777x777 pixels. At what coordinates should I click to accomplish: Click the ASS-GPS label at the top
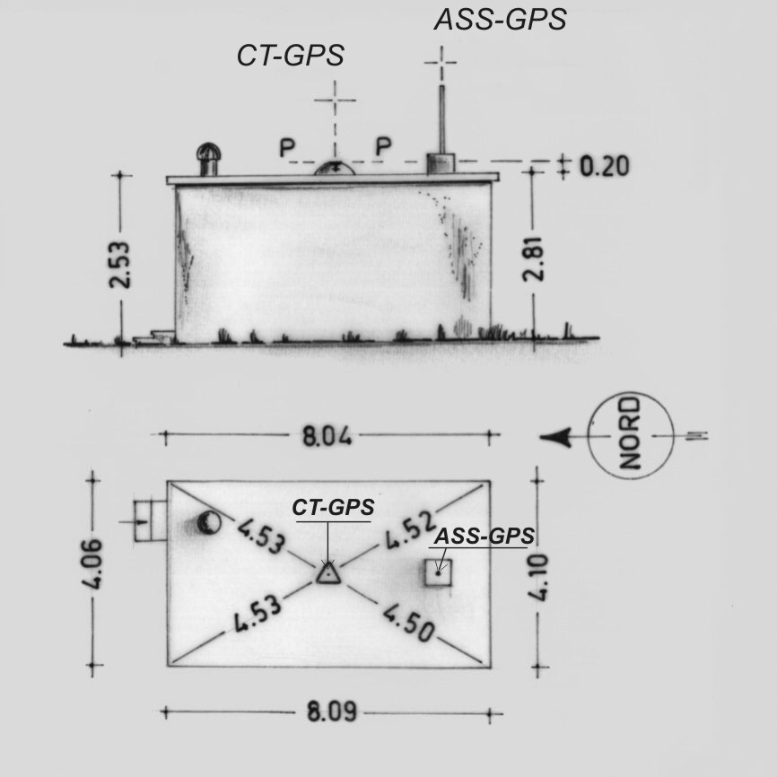(500, 20)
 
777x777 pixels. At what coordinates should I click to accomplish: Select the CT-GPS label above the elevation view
(291, 55)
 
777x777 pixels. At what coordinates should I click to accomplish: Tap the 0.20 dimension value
(605, 167)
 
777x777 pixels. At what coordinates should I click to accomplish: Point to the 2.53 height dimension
(120, 265)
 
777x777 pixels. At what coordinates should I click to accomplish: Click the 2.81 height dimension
(534, 259)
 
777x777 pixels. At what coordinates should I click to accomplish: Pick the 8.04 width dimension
(327, 437)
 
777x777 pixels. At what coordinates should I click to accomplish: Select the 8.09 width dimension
(331, 712)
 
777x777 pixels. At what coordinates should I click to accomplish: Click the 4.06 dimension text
(92, 564)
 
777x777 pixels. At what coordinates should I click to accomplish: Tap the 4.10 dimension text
(538, 577)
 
